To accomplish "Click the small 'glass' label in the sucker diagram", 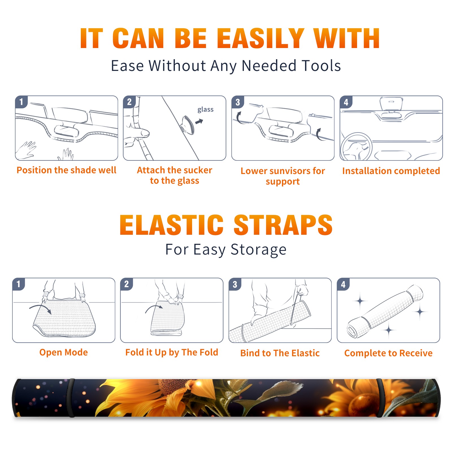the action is click(x=205, y=110).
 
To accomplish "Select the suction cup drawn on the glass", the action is click(x=188, y=125).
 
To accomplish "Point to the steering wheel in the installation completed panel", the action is click(x=356, y=147).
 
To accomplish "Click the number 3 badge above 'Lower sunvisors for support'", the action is click(x=238, y=102).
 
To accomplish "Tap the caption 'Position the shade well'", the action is click(x=66, y=170).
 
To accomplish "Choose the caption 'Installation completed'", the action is click(x=391, y=171).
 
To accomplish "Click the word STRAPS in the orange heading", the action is click(x=283, y=225).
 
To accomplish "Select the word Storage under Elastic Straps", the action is click(x=258, y=250).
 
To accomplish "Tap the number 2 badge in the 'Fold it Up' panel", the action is click(x=127, y=284).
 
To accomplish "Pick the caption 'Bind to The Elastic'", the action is click(x=280, y=353).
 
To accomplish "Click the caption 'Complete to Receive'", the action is click(x=388, y=353).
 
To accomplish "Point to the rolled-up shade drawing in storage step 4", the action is click(x=385, y=311).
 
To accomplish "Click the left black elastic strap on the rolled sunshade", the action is click(x=71, y=398).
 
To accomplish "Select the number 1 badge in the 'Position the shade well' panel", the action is click(x=21, y=102).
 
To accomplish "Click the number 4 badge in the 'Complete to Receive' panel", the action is click(x=343, y=284).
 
